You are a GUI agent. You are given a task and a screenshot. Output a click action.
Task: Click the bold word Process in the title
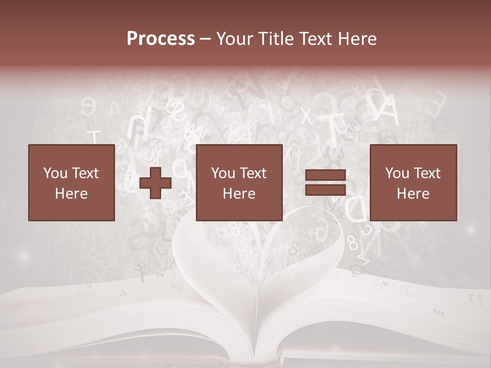pyautogui.click(x=161, y=39)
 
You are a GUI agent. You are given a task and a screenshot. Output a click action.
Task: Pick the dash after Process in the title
pyautogui.click(x=206, y=39)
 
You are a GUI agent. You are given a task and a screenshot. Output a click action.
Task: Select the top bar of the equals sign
pyautogui.click(x=325, y=175)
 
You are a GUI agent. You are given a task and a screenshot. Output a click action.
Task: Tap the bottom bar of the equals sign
pyautogui.click(x=325, y=190)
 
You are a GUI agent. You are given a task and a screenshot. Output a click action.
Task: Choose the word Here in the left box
pyautogui.click(x=71, y=194)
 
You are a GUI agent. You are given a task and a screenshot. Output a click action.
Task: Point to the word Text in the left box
pyautogui.click(x=84, y=173)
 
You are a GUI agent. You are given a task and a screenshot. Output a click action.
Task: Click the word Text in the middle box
pyautogui.click(x=253, y=173)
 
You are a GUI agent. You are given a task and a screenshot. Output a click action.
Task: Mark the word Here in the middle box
pyautogui.click(x=239, y=194)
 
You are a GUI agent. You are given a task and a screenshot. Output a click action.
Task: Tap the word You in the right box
pyautogui.click(x=397, y=173)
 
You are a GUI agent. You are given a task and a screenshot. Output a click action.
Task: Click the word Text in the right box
pyautogui.click(x=427, y=173)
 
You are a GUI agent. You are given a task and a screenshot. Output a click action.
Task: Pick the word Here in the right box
pyautogui.click(x=413, y=194)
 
